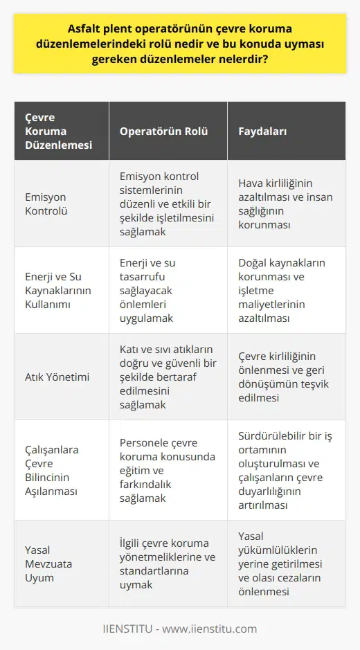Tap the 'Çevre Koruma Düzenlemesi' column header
(x=54, y=132)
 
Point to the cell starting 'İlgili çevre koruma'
(x=165, y=563)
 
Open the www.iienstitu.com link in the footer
(x=215, y=629)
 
